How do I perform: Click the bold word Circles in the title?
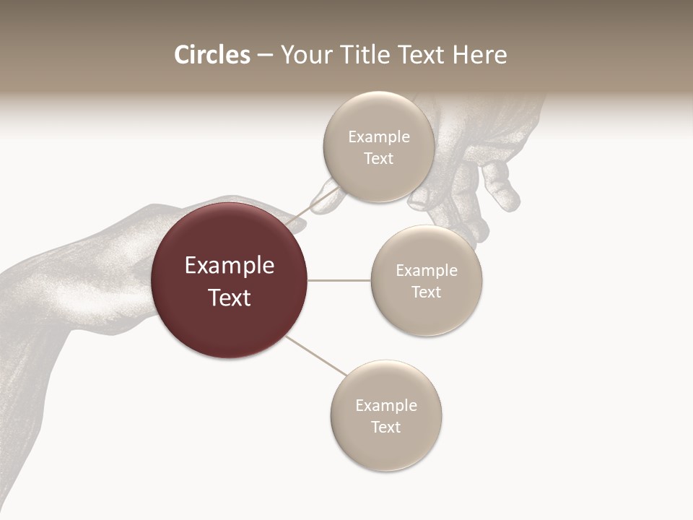tap(212, 55)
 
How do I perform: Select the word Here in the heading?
tap(479, 55)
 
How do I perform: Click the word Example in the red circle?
tap(230, 266)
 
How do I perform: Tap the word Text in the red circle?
tap(230, 298)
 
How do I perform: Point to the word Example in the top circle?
tap(379, 137)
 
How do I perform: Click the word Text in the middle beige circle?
tap(427, 292)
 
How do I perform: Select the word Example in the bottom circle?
tap(386, 406)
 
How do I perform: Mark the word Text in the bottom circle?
tap(386, 428)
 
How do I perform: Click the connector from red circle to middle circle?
tap(339, 279)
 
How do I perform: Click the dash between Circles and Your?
tap(265, 56)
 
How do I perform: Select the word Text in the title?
tap(424, 55)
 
